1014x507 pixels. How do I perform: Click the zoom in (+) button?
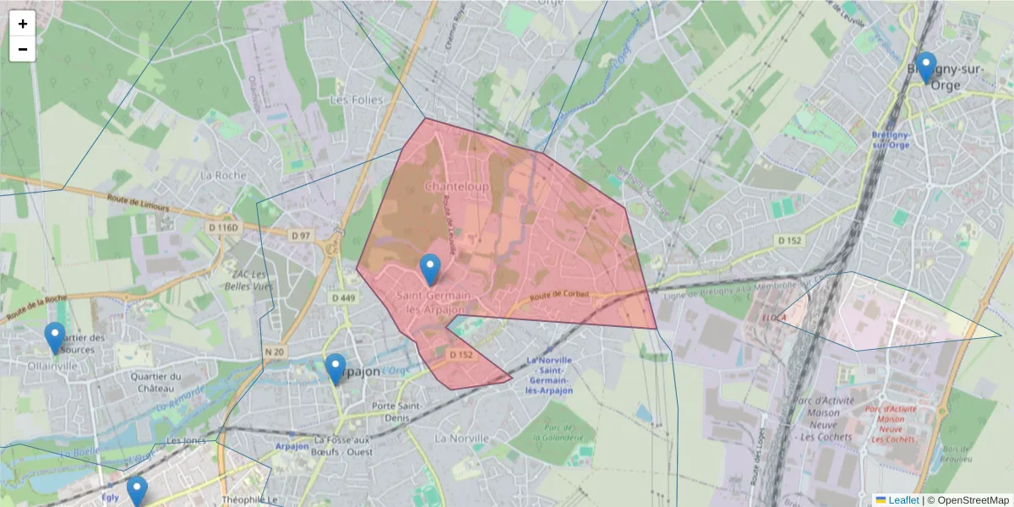23,24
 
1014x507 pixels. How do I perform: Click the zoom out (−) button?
23,49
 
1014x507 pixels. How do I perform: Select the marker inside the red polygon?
430,270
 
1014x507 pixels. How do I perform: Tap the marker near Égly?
137,491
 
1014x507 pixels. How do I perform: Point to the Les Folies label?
356,100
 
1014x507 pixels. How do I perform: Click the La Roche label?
223,176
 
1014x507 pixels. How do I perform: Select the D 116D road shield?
224,227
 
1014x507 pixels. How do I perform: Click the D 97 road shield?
300,235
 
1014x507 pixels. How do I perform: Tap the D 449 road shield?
344,297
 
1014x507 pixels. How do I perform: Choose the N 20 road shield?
272,352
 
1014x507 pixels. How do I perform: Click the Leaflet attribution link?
902,500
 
